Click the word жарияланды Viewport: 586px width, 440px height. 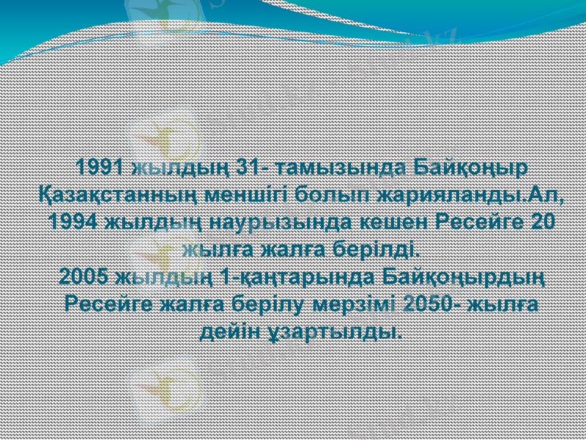coord(450,195)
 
